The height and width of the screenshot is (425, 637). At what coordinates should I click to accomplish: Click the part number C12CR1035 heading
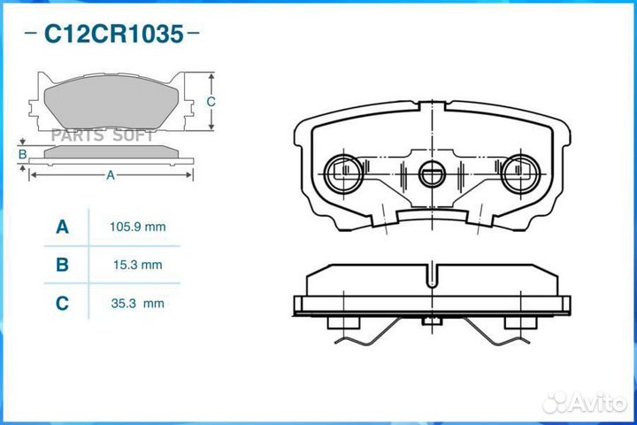[x=113, y=35]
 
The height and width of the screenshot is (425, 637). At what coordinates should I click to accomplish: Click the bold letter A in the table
[x=62, y=228]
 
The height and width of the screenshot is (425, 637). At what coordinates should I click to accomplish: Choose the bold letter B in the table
[x=62, y=265]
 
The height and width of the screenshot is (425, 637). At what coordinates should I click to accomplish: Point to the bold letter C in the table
[x=62, y=304]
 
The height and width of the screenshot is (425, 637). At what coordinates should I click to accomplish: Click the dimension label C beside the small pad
[x=211, y=102]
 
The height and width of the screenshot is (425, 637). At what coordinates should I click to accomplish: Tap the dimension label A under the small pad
[x=111, y=175]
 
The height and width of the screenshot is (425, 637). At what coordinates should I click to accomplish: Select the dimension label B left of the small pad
[x=22, y=155]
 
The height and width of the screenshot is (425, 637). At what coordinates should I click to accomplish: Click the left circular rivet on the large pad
[x=342, y=171]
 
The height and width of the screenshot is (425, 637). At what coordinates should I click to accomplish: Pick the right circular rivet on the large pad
[x=518, y=171]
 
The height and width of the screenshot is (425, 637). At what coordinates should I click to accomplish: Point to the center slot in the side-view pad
[x=431, y=275]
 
